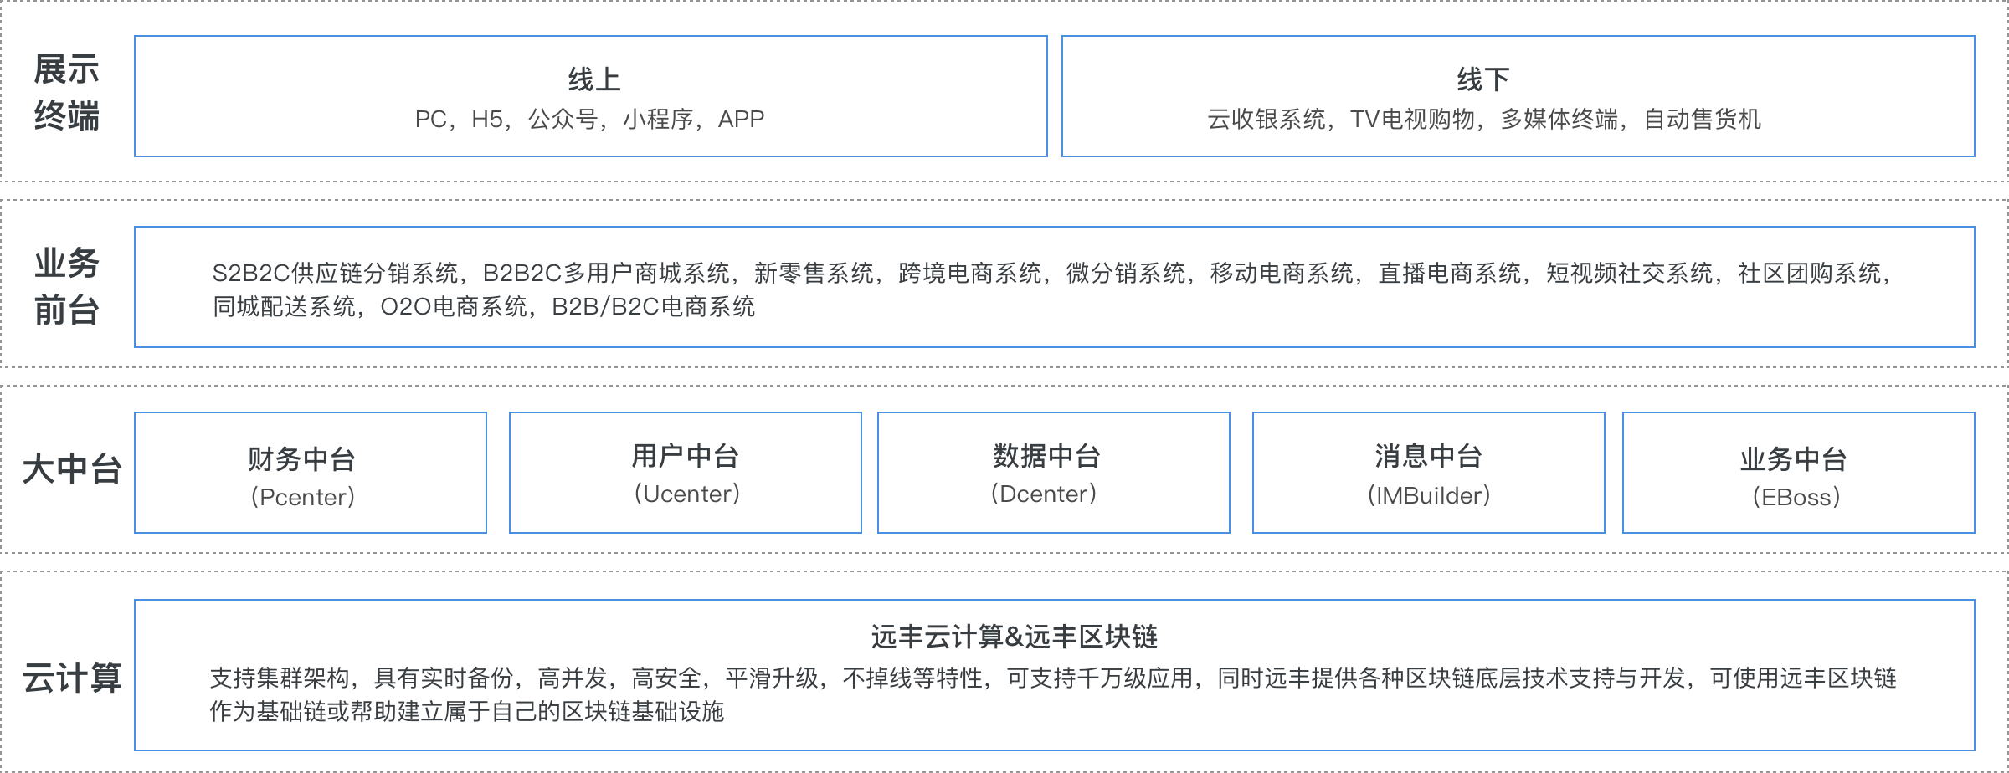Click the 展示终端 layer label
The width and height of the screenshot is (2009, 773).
(66, 93)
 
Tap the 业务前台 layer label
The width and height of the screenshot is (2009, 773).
(66, 286)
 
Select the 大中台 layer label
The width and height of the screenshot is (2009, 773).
(71, 470)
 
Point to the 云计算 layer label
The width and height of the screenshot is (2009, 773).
(71, 678)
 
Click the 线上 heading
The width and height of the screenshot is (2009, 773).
(593, 80)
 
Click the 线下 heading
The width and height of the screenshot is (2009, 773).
(1482, 80)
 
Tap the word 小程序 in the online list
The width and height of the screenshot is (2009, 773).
(657, 120)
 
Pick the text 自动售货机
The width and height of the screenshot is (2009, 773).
(1703, 120)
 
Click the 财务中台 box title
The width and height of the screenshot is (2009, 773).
(302, 458)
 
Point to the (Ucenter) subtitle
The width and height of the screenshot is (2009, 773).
(686, 494)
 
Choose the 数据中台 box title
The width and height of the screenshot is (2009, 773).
(1046, 456)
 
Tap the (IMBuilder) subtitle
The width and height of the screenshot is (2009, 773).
(1428, 495)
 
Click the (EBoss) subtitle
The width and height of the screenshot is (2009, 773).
(1796, 497)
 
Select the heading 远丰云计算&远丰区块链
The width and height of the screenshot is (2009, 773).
(1014, 637)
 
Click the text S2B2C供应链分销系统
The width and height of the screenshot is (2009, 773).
(335, 274)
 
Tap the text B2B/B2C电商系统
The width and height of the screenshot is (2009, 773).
(653, 307)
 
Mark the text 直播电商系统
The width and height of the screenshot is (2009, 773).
(1449, 274)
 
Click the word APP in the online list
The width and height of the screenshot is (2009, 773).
(741, 120)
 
